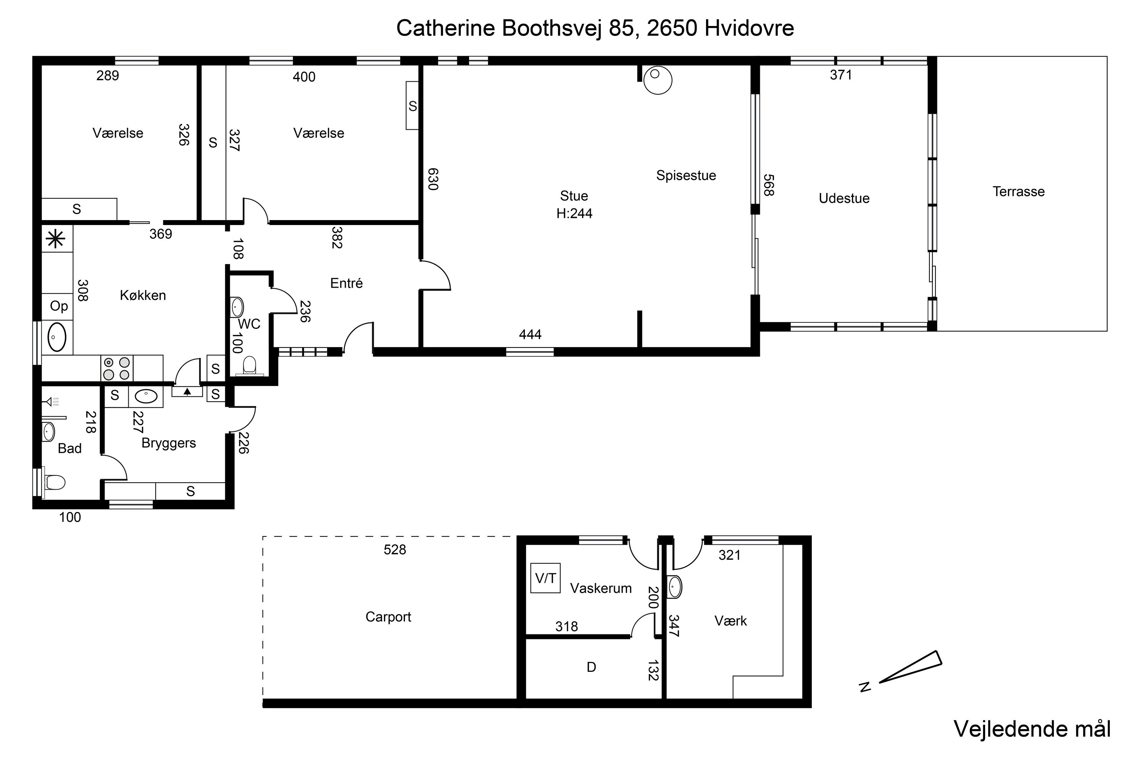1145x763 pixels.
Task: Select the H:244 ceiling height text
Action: click(574, 214)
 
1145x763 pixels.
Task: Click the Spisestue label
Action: click(686, 175)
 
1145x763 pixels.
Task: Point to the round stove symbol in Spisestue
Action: click(658, 80)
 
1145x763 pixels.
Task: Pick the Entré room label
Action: click(346, 283)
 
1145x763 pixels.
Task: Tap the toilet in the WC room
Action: click(249, 365)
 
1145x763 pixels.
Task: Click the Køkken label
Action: click(143, 295)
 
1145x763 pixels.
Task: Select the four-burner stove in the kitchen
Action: click(117, 369)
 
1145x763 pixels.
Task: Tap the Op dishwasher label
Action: click(59, 306)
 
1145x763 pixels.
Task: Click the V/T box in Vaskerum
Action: click(545, 578)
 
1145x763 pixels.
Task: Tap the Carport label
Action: click(388, 617)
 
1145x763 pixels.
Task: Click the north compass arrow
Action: click(910, 666)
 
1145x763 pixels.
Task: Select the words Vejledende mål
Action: click(1032, 728)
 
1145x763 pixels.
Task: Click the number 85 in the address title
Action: click(622, 28)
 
